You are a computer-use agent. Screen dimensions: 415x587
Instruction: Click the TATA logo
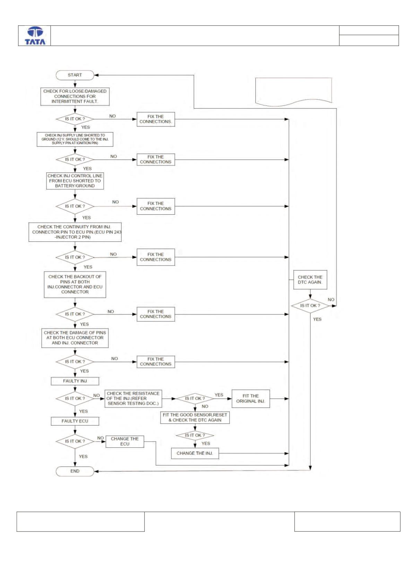pyautogui.click(x=35, y=36)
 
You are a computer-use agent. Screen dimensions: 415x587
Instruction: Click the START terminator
pyautogui.click(x=75, y=75)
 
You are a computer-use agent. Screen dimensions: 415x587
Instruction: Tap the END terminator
pyautogui.click(x=75, y=471)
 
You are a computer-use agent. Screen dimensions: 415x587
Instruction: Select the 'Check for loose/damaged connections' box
pyautogui.click(x=75, y=96)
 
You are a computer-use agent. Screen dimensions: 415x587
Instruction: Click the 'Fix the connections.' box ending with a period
pyautogui.click(x=156, y=119)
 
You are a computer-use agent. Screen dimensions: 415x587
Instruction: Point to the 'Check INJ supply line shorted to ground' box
pyautogui.click(x=75, y=139)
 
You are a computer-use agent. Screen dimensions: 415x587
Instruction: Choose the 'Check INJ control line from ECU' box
pyautogui.click(x=75, y=181)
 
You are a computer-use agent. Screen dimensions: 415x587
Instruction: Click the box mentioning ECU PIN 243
pyautogui.click(x=75, y=232)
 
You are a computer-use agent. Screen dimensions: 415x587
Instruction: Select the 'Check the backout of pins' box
pyautogui.click(x=75, y=284)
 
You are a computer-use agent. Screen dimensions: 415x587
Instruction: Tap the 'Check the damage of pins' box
pyautogui.click(x=75, y=338)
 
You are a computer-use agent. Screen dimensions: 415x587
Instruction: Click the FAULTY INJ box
pyautogui.click(x=75, y=381)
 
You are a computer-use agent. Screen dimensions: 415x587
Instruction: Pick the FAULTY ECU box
pyautogui.click(x=75, y=421)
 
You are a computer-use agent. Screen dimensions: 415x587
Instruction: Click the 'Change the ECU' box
pyautogui.click(x=125, y=442)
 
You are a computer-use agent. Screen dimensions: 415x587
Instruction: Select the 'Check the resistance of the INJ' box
pyautogui.click(x=133, y=399)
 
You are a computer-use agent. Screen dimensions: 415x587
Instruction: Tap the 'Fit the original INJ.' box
pyautogui.click(x=251, y=399)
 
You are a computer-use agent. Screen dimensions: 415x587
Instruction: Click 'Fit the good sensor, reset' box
pyautogui.click(x=195, y=417)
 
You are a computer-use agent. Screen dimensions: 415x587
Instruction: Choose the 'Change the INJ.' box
pyautogui.click(x=195, y=454)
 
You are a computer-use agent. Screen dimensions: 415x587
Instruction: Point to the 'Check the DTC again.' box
pyautogui.click(x=310, y=279)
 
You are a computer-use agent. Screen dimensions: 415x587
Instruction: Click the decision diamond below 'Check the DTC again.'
pyautogui.click(x=310, y=306)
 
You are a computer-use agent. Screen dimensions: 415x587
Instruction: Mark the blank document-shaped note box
pyautogui.click(x=294, y=92)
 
